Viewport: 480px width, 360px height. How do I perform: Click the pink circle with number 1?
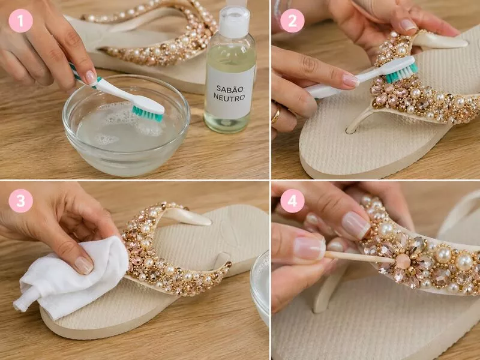(x=20, y=20)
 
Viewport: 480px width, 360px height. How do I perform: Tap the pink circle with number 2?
(x=292, y=20)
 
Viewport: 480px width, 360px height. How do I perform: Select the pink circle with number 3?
(x=20, y=201)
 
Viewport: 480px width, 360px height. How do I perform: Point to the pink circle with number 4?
(x=292, y=201)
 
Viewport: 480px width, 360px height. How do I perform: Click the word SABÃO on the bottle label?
(x=230, y=89)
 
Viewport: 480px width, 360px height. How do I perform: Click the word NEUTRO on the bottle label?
(x=229, y=98)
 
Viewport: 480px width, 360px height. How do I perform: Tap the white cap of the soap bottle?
(x=234, y=22)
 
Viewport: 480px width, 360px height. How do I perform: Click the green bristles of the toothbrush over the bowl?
(x=147, y=114)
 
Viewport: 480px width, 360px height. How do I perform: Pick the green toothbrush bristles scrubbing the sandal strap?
(x=401, y=73)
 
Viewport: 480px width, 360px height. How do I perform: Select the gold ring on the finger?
(x=276, y=115)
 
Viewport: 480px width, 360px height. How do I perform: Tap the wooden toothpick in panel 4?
(x=359, y=257)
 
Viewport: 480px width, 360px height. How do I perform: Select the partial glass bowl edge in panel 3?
(x=260, y=288)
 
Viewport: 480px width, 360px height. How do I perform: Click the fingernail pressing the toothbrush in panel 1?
(x=91, y=78)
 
